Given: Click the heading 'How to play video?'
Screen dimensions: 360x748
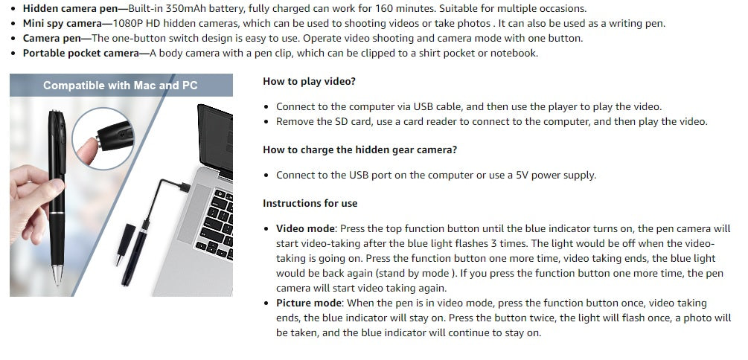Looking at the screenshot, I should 309,82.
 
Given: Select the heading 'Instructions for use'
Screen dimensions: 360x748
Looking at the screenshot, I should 310,203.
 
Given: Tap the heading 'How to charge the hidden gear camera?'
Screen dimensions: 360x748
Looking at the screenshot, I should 359,150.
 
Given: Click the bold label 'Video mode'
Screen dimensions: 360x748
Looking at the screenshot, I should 306,228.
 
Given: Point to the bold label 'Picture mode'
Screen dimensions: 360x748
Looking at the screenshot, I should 309,303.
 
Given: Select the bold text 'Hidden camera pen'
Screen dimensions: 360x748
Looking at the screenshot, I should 70,9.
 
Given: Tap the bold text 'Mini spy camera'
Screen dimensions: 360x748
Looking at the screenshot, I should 63,24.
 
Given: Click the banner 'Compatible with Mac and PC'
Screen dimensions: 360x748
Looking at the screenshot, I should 121,86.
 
